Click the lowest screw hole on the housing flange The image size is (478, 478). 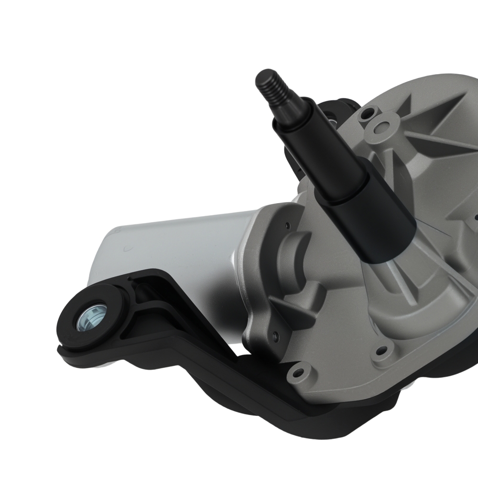coord(299,371)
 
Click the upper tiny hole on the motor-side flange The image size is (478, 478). coord(287,225)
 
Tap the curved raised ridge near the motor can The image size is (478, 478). coord(287,253)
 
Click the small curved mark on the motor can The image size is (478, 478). coord(125,249)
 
